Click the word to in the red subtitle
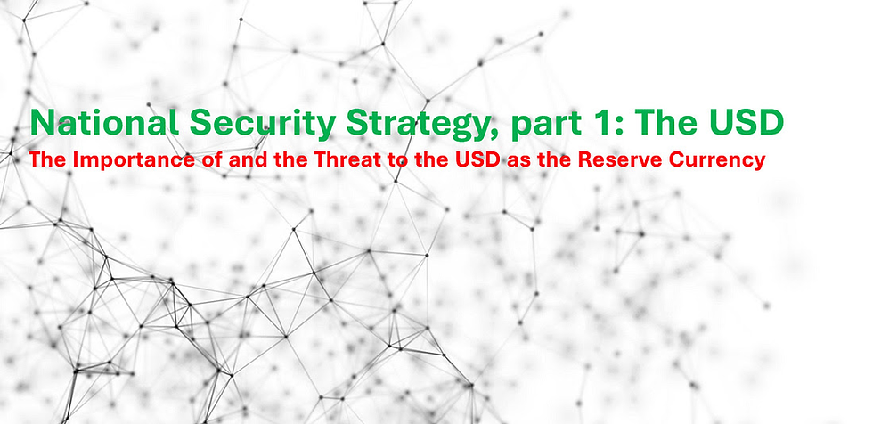point(393,162)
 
